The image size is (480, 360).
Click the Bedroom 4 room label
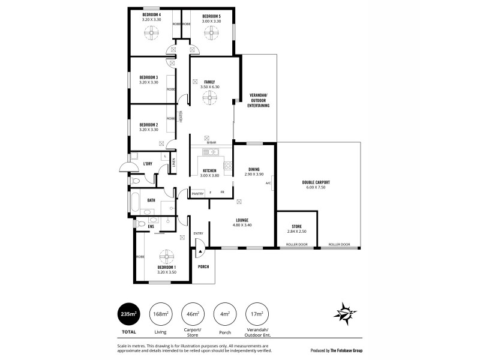(151, 14)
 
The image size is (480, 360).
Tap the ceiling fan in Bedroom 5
(209, 35)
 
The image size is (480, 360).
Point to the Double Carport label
(316, 181)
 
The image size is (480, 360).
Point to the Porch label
(203, 266)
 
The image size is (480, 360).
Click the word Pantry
(197, 193)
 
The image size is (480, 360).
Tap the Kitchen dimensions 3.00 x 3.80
(209, 175)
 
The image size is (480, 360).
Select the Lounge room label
(242, 220)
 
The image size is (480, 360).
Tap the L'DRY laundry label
(148, 163)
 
